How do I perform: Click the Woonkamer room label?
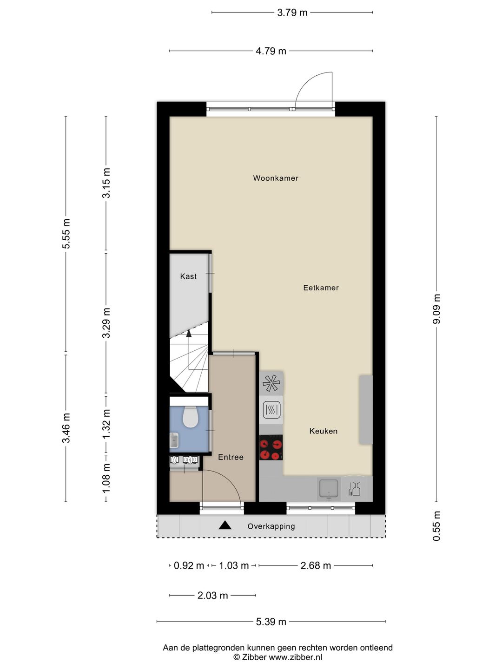(x=276, y=178)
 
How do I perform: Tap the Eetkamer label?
(x=321, y=288)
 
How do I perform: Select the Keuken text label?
(x=324, y=431)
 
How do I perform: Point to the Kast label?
(x=188, y=276)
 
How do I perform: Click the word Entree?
(x=231, y=457)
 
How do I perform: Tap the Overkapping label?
(x=271, y=526)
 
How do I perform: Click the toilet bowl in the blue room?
(x=191, y=417)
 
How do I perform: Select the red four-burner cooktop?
(x=271, y=447)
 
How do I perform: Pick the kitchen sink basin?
(x=329, y=489)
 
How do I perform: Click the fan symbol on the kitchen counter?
(x=271, y=383)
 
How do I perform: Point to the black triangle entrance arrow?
(x=225, y=525)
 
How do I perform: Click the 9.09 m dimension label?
(x=436, y=309)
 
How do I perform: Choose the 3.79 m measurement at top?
(x=292, y=13)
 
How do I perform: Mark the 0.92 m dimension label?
(x=189, y=566)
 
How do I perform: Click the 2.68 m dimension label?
(x=316, y=566)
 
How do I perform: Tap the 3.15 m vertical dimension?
(x=106, y=183)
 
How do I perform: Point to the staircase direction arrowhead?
(x=189, y=334)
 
